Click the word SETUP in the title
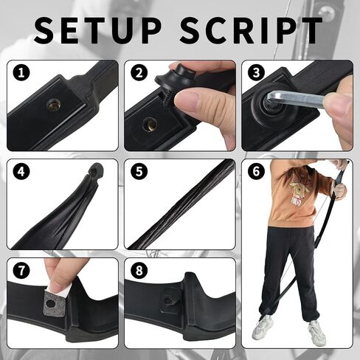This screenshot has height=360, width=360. tap(97, 30)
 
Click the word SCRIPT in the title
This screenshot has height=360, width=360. tap(251, 30)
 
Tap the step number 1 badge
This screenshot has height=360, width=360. tap(21, 73)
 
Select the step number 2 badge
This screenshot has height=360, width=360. tap(139, 73)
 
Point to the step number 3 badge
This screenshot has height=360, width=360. tap(256, 73)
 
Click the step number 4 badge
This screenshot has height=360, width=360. tap(21, 171)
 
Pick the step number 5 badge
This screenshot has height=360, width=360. tap(139, 171)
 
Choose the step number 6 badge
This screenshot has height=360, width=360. tap(256, 171)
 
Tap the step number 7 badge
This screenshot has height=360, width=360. tap(21, 271)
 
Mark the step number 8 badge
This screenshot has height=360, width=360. tap(139, 271)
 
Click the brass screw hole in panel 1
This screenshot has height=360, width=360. tap(53, 105)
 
